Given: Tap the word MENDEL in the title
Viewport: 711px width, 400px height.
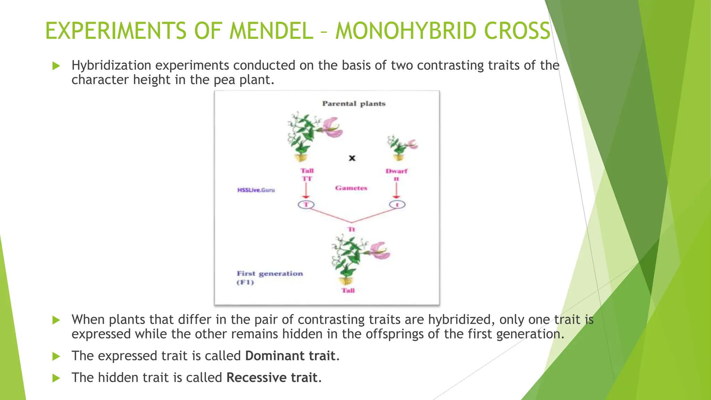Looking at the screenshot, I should point(271,31).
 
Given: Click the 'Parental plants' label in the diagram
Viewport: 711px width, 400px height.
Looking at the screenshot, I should point(354,103).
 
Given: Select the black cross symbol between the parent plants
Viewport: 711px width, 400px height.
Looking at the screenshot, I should point(352,158).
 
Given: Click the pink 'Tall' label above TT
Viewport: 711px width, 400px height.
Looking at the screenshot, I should point(307,171).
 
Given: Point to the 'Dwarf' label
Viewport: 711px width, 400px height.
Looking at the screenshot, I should point(396,171).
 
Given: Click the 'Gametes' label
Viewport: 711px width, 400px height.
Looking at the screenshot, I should point(351,188).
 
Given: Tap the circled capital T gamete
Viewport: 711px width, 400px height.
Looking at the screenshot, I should point(306,205).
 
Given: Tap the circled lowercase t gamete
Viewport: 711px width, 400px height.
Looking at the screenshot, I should point(397,205).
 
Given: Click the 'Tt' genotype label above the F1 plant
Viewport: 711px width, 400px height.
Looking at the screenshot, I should point(351,230).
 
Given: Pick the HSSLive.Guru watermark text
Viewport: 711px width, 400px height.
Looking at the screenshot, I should point(256,190).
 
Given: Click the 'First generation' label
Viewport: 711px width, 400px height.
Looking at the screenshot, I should point(270,274).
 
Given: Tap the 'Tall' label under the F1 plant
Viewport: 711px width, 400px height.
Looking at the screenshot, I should point(348,291).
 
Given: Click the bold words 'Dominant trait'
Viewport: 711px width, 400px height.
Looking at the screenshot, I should point(290,356).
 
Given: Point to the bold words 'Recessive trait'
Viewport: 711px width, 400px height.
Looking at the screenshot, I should point(272,377).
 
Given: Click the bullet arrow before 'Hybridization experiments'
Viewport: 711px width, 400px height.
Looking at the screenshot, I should point(56,66).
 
